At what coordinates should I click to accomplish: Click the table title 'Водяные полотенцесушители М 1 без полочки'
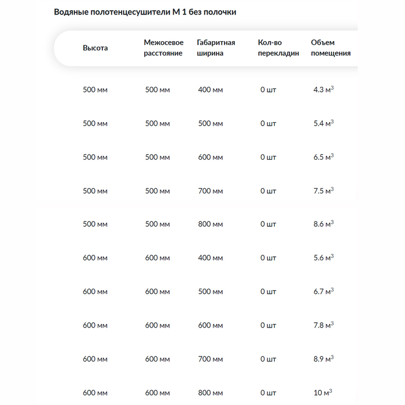click(145, 12)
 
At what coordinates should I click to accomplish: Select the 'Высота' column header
click(95, 48)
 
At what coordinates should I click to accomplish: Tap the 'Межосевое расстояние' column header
click(164, 48)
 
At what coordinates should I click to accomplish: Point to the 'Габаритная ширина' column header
click(216, 48)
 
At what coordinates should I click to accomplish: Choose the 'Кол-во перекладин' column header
click(279, 48)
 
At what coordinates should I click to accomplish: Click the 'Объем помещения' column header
click(331, 48)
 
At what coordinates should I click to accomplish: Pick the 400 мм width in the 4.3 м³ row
click(210, 90)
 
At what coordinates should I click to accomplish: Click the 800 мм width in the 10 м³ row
click(210, 393)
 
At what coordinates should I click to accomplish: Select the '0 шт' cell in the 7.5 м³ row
click(268, 190)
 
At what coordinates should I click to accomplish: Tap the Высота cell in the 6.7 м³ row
click(95, 292)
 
